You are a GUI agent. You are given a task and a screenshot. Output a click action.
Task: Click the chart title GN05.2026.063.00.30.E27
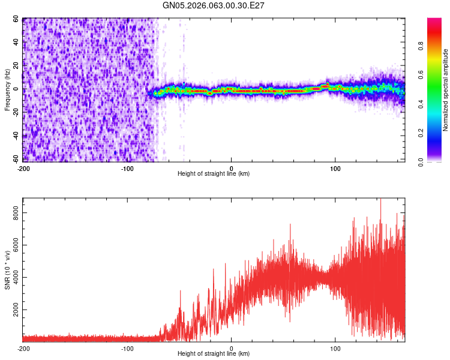click(214, 5)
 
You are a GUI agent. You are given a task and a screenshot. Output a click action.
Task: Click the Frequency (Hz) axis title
click(7, 89)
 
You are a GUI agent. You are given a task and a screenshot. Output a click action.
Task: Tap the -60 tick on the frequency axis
click(16, 160)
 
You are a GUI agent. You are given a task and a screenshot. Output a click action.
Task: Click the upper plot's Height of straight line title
click(214, 174)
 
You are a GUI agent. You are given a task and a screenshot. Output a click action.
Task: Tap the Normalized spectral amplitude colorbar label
click(446, 90)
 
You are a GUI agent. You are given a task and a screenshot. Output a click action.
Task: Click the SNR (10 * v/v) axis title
click(7, 270)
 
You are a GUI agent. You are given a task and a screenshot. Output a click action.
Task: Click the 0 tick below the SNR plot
click(232, 348)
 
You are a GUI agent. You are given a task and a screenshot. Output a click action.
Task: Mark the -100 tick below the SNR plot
click(127, 348)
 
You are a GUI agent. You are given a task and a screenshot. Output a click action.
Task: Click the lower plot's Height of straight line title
click(214, 354)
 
